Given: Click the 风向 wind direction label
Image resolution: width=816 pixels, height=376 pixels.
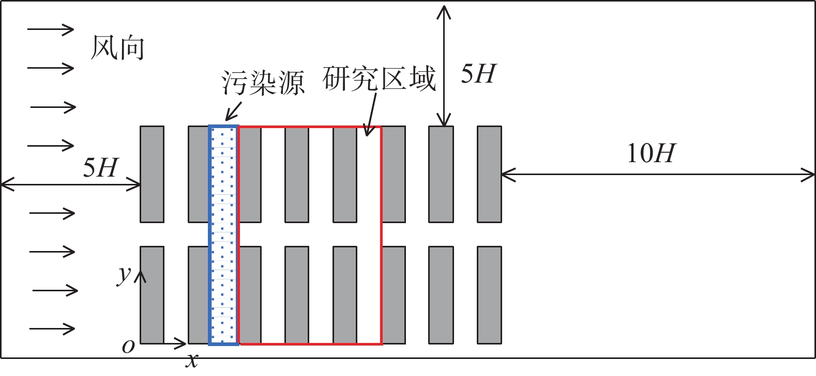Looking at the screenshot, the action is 117,48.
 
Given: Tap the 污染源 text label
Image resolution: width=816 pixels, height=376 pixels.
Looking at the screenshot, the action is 263,83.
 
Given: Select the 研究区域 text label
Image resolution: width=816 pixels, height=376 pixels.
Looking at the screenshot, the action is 379,79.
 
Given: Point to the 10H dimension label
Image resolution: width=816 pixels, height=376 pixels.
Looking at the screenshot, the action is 651,153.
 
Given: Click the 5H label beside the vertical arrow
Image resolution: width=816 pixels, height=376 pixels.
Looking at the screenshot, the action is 479,74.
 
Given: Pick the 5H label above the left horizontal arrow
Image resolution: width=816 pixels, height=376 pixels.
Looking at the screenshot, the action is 100,168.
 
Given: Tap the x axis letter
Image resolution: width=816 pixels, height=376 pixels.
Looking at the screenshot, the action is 192,361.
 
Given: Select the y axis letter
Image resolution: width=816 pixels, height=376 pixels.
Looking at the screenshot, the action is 124,275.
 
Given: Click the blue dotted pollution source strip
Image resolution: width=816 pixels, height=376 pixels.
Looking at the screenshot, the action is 223,235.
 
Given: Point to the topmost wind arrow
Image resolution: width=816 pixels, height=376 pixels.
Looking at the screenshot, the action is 51,29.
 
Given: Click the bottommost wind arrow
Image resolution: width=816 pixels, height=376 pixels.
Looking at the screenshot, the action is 52,328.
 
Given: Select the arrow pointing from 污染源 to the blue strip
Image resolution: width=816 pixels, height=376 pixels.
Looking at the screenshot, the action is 233,112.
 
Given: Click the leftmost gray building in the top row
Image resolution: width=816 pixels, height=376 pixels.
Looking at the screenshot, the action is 152,175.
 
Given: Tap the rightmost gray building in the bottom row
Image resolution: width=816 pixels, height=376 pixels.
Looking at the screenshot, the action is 489,295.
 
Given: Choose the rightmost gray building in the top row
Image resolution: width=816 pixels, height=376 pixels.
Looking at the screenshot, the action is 489,175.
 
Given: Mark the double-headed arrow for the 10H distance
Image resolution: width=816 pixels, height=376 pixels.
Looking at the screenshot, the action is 658,175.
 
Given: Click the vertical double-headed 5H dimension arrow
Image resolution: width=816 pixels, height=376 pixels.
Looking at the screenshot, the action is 444,66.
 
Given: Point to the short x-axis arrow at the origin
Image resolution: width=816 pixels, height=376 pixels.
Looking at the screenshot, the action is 163,343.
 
